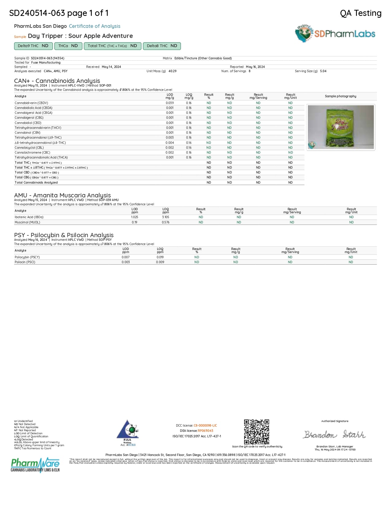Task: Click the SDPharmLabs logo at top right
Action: (335, 34)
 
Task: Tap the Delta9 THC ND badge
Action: (33, 46)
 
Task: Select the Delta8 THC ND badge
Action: (162, 46)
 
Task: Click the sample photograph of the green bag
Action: (340, 127)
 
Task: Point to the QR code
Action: (256, 432)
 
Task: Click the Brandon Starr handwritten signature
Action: (335, 435)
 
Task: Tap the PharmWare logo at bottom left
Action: (35, 465)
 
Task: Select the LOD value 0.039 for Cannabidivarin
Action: (170, 103)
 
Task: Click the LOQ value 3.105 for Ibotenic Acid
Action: (166, 217)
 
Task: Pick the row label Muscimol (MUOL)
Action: (27, 223)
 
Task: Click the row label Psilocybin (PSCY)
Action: (27, 257)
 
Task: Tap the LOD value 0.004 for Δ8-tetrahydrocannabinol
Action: (170, 143)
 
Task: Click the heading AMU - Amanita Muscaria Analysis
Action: (62, 195)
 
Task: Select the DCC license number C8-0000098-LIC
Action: (205, 426)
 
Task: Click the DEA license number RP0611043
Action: (205, 431)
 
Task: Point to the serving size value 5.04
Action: (323, 71)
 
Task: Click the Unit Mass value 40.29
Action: (172, 71)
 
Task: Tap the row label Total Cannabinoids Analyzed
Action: (36, 183)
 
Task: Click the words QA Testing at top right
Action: (361, 13)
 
